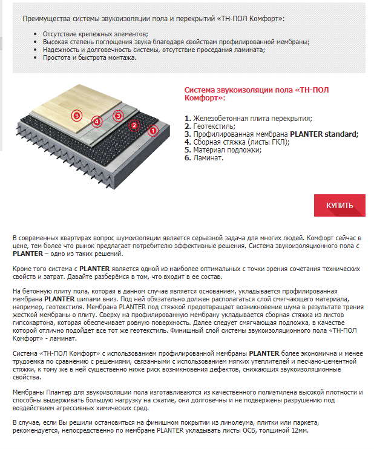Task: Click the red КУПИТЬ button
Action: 340,205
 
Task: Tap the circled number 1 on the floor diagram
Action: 153,129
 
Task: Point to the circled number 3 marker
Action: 118,115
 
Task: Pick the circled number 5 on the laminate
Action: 76,114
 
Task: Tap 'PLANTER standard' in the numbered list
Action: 324,134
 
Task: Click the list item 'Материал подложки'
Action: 227,150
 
